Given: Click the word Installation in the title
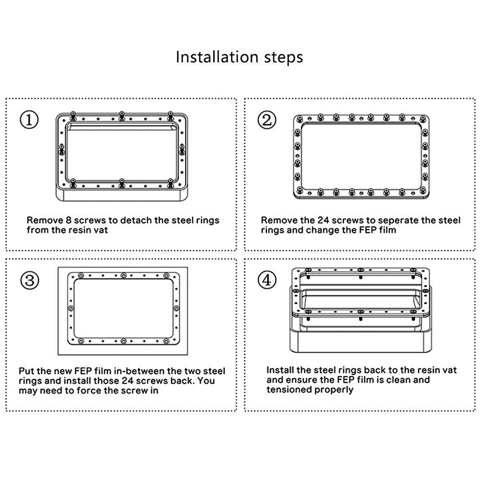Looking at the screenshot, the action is (217, 57).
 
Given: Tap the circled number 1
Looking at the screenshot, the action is (29, 120).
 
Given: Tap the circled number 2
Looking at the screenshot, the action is (266, 120).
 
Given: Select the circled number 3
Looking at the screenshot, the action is (30, 280).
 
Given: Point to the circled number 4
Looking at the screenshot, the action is (267, 280).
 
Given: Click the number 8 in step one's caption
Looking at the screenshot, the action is (69, 220).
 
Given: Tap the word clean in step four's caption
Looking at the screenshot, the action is (398, 380).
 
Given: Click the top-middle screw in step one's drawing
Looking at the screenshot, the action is (121, 116).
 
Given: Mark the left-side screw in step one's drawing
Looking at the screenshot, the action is (61, 149).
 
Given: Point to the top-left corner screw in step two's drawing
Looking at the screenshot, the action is (300, 118).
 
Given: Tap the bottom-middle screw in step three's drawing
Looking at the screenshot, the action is (123, 341).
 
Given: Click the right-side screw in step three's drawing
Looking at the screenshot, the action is (176, 308).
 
